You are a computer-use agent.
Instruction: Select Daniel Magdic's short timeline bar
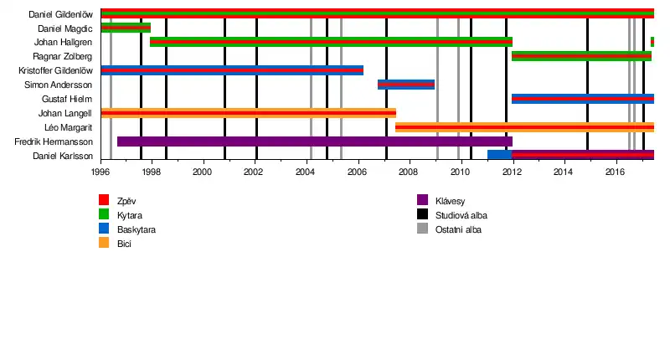pos(126,28)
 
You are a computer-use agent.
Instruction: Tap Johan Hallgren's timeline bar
pos(331,42)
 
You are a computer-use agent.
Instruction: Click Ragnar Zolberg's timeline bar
pos(581,56)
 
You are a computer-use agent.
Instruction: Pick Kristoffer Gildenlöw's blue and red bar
pos(232,70)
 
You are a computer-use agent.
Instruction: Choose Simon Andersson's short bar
pos(406,85)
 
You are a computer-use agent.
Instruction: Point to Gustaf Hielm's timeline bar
pos(583,99)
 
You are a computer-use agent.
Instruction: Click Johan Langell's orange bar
pos(248,113)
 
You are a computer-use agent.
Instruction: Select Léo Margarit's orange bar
pos(524,127)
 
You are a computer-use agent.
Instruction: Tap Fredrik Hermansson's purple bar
pos(315,141)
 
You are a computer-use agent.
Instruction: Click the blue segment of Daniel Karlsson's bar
pos(499,155)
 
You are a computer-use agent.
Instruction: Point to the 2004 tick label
pos(306,172)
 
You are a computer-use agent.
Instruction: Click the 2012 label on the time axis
pos(512,172)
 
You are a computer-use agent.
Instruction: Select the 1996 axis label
pos(100,172)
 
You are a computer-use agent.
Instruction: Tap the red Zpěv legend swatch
pos(104,200)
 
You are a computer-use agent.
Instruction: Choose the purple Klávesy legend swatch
pos(422,200)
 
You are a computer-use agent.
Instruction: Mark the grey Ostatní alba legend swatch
pos(422,229)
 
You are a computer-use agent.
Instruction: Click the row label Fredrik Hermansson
pos(54,141)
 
